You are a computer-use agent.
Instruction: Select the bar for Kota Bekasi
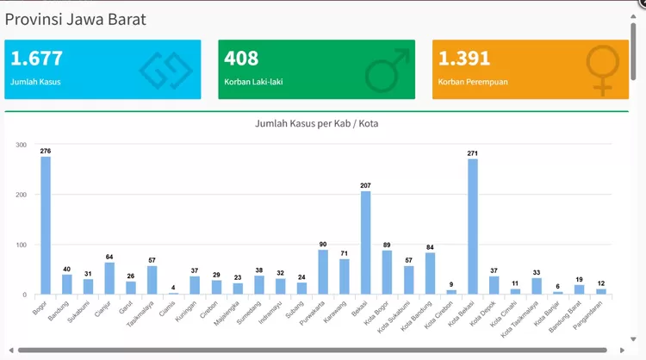pyautogui.click(x=472, y=227)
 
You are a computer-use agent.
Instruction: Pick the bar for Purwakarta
pyautogui.click(x=323, y=272)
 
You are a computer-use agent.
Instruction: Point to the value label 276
pyautogui.click(x=46, y=152)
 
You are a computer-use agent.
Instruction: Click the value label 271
pyautogui.click(x=472, y=153)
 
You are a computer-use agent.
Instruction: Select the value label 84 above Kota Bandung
pyautogui.click(x=430, y=247)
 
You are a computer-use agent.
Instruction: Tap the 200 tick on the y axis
pyautogui.click(x=21, y=195)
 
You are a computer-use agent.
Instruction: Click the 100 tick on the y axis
pyautogui.click(x=21, y=245)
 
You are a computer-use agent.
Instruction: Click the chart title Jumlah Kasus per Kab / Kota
pyautogui.click(x=316, y=124)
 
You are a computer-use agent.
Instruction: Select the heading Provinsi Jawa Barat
pyautogui.click(x=75, y=19)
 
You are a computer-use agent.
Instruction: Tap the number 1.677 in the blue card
pyautogui.click(x=37, y=59)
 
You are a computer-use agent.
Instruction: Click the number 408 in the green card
pyautogui.click(x=241, y=59)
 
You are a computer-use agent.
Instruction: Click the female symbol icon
pyautogui.click(x=602, y=69)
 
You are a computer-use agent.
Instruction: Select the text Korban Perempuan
pyautogui.click(x=473, y=83)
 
